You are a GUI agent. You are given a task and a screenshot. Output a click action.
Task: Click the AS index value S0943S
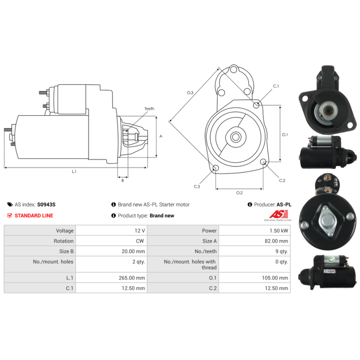click(46, 205)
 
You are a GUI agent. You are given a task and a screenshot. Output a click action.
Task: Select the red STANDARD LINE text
click(34, 216)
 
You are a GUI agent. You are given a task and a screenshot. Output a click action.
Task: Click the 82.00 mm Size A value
click(276, 241)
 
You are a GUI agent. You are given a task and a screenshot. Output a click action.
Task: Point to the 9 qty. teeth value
click(282, 252)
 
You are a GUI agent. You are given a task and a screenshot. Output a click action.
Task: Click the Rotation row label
click(63, 241)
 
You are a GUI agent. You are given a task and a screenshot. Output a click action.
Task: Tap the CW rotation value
click(140, 241)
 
